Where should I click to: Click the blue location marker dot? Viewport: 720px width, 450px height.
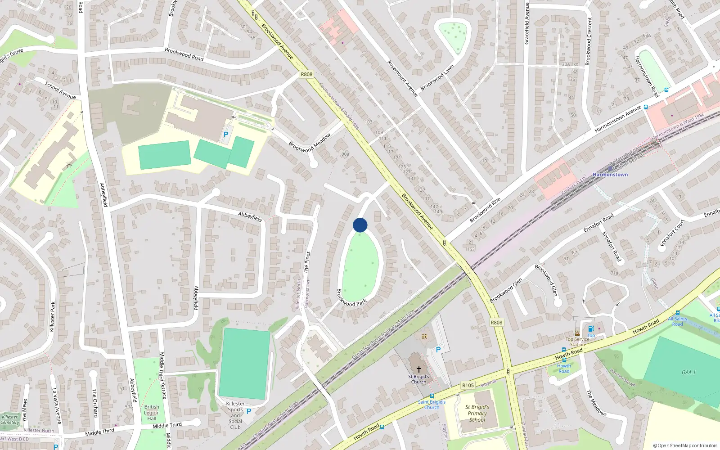(x=360, y=225)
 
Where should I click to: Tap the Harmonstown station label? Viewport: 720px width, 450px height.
(x=610, y=175)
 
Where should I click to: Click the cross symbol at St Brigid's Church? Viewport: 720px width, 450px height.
(x=418, y=369)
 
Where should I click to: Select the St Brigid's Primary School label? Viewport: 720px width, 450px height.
(x=477, y=413)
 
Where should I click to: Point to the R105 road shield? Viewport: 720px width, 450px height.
(x=468, y=385)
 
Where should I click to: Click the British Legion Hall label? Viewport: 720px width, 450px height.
(x=152, y=413)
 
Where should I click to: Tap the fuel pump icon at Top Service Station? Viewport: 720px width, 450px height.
(x=591, y=328)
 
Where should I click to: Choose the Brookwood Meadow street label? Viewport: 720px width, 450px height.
(x=310, y=143)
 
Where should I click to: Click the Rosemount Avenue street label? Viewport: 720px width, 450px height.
(x=403, y=78)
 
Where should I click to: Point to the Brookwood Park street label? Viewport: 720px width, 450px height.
(x=352, y=298)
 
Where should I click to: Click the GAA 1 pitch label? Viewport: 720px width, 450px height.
(x=688, y=372)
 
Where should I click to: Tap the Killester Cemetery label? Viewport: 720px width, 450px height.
(x=10, y=419)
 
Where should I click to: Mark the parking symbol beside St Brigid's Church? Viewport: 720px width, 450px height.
(x=438, y=349)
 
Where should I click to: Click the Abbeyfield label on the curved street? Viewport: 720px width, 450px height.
(x=250, y=217)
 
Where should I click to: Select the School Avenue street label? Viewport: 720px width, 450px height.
(x=60, y=90)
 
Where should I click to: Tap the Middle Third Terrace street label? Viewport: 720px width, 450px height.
(x=163, y=376)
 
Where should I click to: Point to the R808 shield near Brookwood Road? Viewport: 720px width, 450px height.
(x=306, y=74)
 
